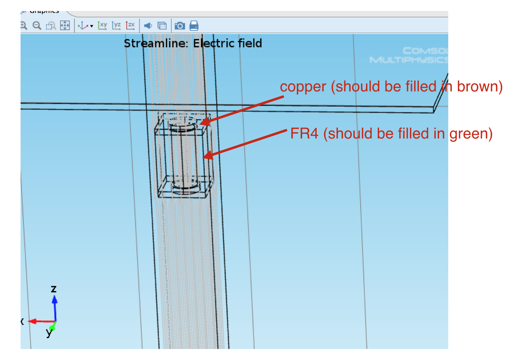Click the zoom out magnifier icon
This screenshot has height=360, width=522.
click(37, 26)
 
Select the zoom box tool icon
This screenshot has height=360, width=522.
click(51, 26)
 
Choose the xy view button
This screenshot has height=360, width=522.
click(102, 26)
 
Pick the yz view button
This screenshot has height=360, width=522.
click(116, 26)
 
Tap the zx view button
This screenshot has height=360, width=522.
click(130, 26)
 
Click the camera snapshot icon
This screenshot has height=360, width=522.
click(180, 26)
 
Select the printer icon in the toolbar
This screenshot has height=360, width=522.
click(194, 26)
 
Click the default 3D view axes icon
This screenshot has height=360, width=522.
click(83, 26)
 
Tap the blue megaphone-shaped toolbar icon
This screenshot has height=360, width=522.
click(148, 26)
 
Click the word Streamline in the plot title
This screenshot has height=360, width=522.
click(155, 43)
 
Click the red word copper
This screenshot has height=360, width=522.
click(303, 87)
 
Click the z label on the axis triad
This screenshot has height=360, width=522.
click(54, 289)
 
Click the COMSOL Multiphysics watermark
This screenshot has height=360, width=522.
click(409, 55)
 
